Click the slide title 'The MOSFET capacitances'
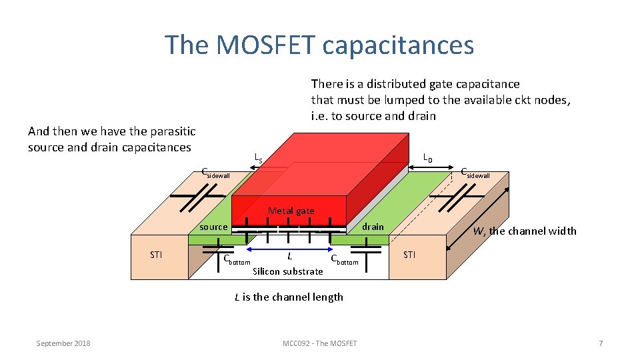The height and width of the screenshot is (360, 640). [319, 45]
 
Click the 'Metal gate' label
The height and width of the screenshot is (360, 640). [291, 211]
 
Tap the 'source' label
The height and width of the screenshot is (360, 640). [213, 227]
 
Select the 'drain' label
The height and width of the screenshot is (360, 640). [373, 227]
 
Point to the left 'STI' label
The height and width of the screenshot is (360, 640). [156, 255]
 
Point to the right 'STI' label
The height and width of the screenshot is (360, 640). [409, 255]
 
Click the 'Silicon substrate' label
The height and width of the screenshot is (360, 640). [288, 271]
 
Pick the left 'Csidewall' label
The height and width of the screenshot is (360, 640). [215, 174]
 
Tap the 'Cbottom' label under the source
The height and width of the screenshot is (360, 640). [236, 260]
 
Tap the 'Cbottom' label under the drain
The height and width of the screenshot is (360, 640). [344, 260]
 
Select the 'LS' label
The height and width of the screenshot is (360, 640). [259, 159]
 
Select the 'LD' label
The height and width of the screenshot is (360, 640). [427, 159]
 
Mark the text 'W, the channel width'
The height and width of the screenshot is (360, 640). [524, 231]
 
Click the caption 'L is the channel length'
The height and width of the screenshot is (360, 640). [289, 297]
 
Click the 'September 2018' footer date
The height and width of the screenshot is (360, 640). [63, 343]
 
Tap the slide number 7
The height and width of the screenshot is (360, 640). [601, 343]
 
